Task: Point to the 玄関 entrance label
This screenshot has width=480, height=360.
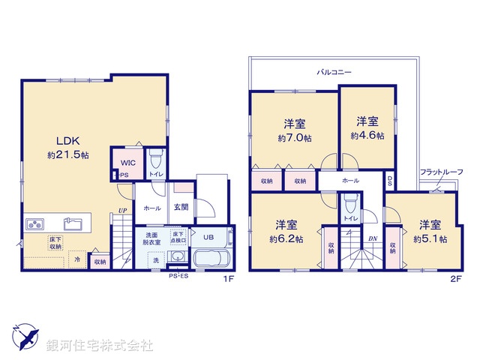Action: [x=181, y=208]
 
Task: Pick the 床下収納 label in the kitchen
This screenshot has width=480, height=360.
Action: [x=34, y=241]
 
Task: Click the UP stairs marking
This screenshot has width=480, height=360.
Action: [x=121, y=211]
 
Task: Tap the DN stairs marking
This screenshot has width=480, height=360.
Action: [x=372, y=239]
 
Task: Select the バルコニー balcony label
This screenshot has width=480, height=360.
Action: [x=334, y=72]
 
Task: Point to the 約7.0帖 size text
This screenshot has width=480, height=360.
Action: [x=293, y=139]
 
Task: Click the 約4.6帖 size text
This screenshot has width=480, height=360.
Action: [x=367, y=136]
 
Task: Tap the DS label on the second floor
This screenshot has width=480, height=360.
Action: [x=390, y=181]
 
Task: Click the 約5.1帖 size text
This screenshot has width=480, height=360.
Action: [x=430, y=239]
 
